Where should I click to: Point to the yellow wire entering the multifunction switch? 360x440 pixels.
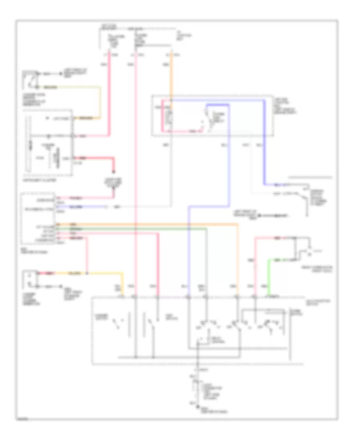pyautogui.click(x=104, y=274)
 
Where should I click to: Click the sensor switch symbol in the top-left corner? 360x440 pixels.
pyautogui.click(x=30, y=79)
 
